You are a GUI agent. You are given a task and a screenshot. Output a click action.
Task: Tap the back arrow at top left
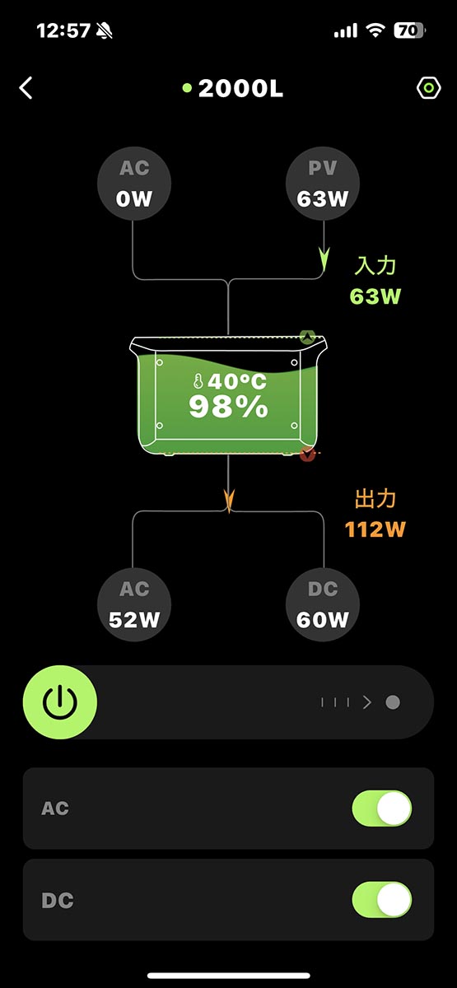pyautogui.click(x=26, y=88)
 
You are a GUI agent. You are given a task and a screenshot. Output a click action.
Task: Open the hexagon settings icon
pyautogui.click(x=428, y=88)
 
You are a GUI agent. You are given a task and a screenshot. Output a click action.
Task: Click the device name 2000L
pyautogui.click(x=240, y=89)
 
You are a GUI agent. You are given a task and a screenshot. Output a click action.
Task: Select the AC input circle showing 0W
pyautogui.click(x=134, y=184)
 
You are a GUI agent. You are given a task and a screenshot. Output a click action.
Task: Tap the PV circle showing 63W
pyautogui.click(x=323, y=184)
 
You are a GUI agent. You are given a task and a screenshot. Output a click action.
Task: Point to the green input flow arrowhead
pyautogui.click(x=324, y=261)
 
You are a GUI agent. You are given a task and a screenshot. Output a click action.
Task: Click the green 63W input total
pyautogui.click(x=375, y=296)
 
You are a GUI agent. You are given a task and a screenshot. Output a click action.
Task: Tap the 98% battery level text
pyautogui.click(x=228, y=407)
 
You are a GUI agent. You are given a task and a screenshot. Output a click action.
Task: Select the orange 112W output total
pyautogui.click(x=375, y=529)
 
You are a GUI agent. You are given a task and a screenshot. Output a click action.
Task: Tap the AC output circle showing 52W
pyautogui.click(x=134, y=604)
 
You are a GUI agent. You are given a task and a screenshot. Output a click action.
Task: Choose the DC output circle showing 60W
pyautogui.click(x=323, y=604)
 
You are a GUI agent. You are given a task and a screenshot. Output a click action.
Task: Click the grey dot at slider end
pyautogui.click(x=393, y=702)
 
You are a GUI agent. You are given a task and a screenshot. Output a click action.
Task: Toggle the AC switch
pyautogui.click(x=381, y=809)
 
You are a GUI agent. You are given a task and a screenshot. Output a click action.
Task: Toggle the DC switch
pyautogui.click(x=381, y=900)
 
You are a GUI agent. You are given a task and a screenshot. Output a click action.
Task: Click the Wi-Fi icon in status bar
pyautogui.click(x=376, y=30)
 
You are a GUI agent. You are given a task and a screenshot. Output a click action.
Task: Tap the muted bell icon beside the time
pyautogui.click(x=105, y=31)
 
